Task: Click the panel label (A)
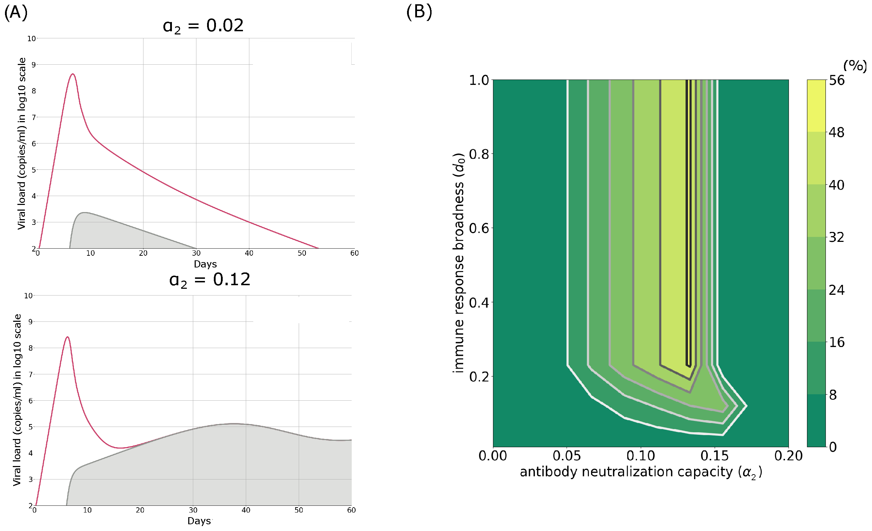[16, 12]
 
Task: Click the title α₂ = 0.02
[203, 26]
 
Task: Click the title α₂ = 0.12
[210, 280]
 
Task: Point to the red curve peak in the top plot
[73, 74]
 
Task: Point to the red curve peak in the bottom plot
[67, 337]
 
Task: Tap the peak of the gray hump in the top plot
[84, 213]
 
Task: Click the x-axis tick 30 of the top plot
[196, 253]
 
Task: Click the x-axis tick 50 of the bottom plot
[299, 510]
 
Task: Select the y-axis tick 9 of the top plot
[33, 65]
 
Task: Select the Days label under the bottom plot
[199, 521]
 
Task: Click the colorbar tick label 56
[836, 80]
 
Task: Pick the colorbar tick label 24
[836, 290]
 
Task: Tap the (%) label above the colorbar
[855, 66]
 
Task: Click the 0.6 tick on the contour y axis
[479, 228]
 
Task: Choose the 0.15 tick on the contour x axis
[714, 456]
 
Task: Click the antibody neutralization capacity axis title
[641, 472]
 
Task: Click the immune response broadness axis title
[459, 263]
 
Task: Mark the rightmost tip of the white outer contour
[746, 406]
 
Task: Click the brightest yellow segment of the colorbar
[816, 105]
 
